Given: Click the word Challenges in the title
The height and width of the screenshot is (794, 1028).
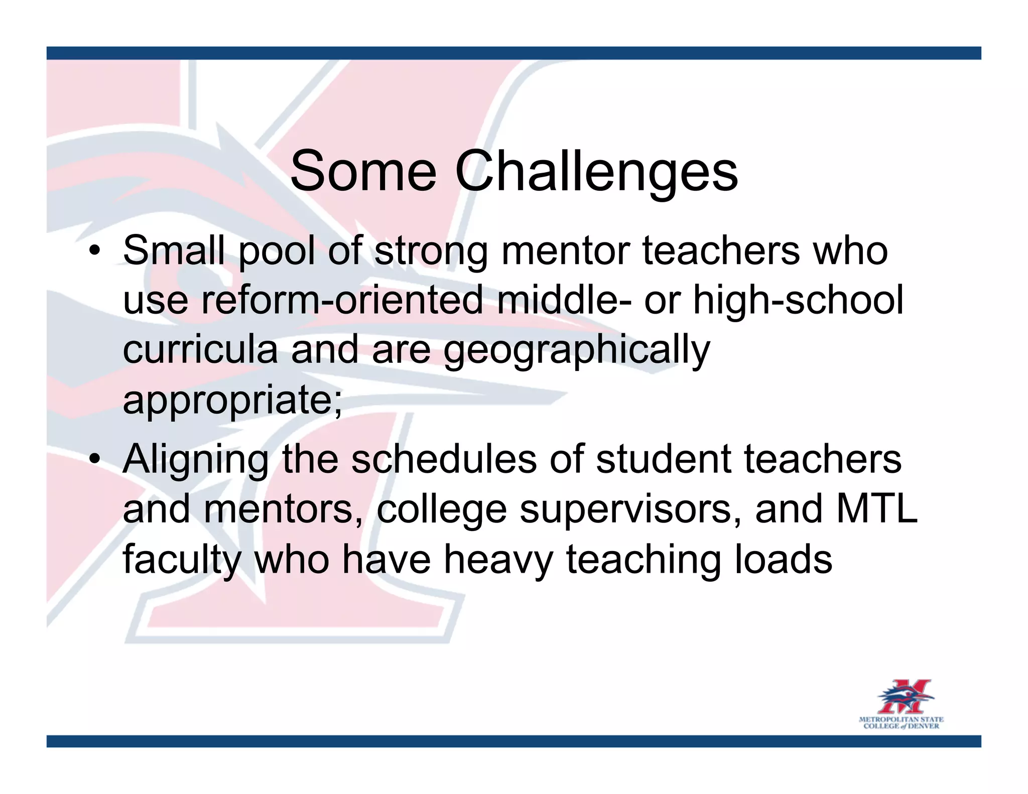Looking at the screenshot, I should (596, 172).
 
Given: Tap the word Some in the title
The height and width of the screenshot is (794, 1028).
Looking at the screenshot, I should (363, 172).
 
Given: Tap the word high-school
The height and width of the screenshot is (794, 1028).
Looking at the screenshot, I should (798, 300).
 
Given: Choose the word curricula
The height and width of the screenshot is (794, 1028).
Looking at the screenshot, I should (200, 350).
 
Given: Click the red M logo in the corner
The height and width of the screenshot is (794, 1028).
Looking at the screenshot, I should (906, 697).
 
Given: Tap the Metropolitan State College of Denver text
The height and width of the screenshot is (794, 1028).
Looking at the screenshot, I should (901, 723).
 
